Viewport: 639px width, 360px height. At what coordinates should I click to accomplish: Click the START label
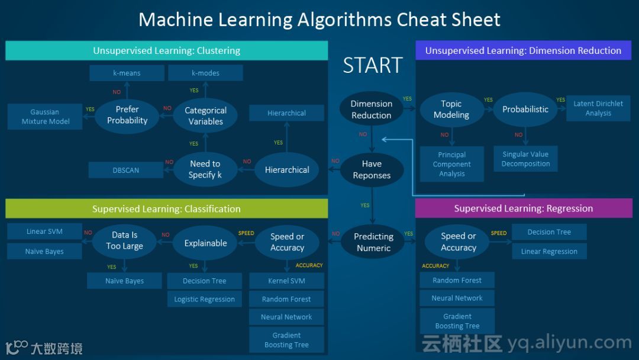(373, 65)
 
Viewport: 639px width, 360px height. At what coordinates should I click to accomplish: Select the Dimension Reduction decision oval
(372, 109)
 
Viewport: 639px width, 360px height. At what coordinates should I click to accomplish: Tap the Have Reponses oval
(372, 169)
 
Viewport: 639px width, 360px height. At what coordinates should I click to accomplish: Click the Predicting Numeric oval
(373, 242)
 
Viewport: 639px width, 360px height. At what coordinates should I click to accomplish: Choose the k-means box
(127, 73)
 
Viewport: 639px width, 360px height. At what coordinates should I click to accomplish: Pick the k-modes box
(205, 73)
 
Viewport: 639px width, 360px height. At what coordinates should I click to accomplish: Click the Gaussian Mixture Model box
(46, 117)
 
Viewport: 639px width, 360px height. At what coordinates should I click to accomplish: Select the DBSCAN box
(126, 170)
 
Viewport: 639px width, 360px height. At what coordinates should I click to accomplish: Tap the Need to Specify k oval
(205, 169)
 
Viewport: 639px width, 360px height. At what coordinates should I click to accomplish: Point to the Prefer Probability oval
(127, 115)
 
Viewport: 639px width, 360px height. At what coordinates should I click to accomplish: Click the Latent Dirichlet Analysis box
(598, 108)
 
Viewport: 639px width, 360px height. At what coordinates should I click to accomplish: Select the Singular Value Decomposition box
(525, 159)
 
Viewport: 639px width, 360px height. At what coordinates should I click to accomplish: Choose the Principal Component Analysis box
(452, 164)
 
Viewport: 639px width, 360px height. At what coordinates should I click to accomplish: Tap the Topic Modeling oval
(451, 109)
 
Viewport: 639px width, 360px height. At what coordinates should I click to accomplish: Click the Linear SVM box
(44, 232)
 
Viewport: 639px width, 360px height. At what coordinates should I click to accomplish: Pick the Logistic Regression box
(204, 299)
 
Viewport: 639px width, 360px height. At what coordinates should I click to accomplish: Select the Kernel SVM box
(286, 281)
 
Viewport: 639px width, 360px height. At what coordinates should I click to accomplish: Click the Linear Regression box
(549, 251)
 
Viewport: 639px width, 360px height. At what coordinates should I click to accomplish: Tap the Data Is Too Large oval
(125, 240)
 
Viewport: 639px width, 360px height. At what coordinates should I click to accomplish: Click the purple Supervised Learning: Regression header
(524, 208)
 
